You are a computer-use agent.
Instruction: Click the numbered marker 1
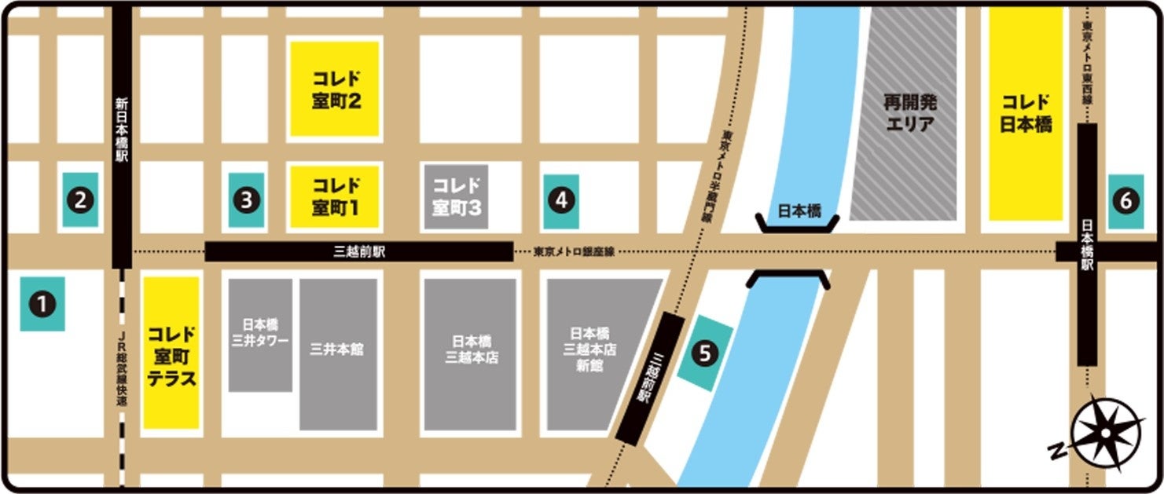42,303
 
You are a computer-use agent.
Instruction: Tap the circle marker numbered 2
80,200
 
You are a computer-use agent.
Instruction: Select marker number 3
246,200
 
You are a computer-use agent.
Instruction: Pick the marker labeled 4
561,201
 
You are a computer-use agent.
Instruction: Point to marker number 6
1125,202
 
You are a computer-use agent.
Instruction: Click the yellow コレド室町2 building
336,91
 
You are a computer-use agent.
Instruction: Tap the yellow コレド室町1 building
336,196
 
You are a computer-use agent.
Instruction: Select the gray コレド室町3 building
456,196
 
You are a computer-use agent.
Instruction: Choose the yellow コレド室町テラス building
171,353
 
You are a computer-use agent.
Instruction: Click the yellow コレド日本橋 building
1026,114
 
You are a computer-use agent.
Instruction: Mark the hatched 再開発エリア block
910,114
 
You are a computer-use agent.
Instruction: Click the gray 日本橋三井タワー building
260,334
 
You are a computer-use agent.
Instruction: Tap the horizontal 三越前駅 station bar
358,251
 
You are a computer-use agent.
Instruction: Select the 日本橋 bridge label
799,210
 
